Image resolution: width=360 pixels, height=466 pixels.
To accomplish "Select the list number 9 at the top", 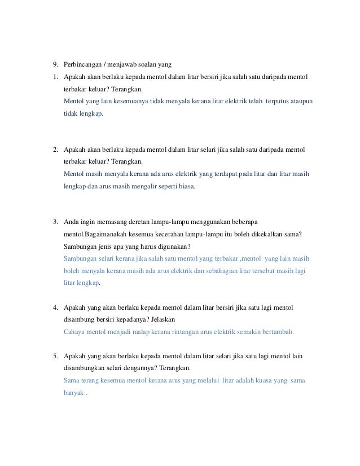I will (x=55, y=63).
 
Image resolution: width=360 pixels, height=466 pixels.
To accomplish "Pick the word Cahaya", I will (x=76, y=332).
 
